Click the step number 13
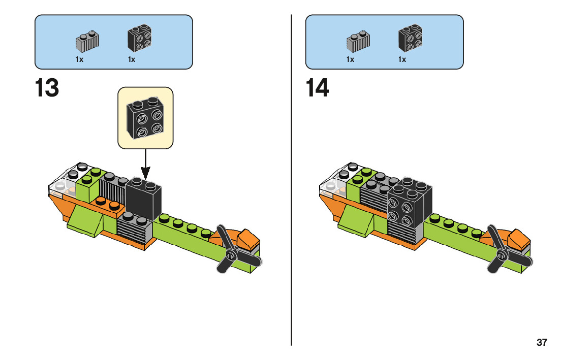47,88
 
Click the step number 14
318,88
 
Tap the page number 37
542,342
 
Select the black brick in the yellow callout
145,119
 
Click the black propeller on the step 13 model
232,250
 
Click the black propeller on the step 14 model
503,250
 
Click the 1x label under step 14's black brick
402,59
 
